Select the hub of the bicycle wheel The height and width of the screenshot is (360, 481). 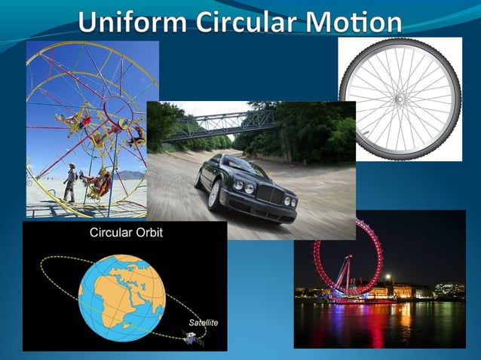pos(399,98)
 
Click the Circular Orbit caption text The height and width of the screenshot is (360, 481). pos(126,233)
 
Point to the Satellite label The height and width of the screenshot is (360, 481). pos(203,322)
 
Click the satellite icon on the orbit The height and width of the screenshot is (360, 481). pos(193,337)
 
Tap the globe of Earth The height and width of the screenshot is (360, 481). pos(121,294)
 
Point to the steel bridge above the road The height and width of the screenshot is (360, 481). pos(219,124)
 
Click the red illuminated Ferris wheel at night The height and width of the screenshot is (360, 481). pos(347,256)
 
